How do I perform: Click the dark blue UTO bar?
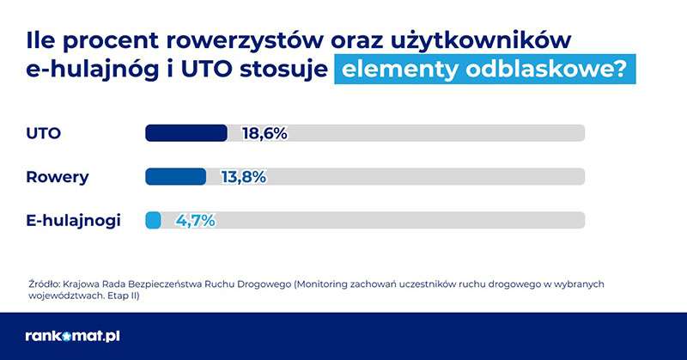point(186,133)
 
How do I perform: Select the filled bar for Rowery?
point(176,176)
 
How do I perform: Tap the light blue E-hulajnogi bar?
point(154,220)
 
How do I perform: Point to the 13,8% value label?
point(243,177)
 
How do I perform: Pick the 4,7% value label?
point(195,221)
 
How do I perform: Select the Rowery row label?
point(58,177)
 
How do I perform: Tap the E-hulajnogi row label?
point(74,221)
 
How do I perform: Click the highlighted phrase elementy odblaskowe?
point(485,70)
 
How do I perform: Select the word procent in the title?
point(119,40)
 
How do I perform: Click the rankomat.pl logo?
point(72,336)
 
